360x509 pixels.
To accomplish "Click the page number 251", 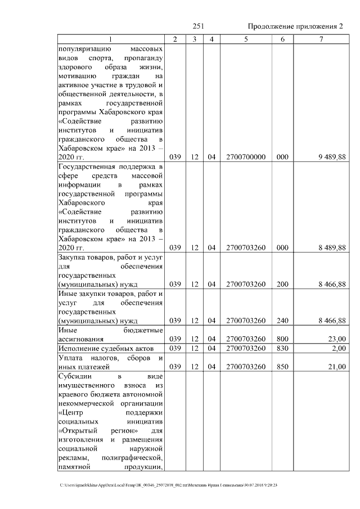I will (x=198, y=26).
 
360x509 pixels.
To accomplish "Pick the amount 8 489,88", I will (x=331, y=247).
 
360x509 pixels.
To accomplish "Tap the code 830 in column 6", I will (x=282, y=349).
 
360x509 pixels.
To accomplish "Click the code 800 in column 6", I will (x=282, y=339).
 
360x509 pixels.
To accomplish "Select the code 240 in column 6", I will (x=282, y=321).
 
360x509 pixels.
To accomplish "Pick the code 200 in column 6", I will (x=282, y=284).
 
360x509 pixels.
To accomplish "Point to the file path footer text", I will (x=169, y=485).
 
